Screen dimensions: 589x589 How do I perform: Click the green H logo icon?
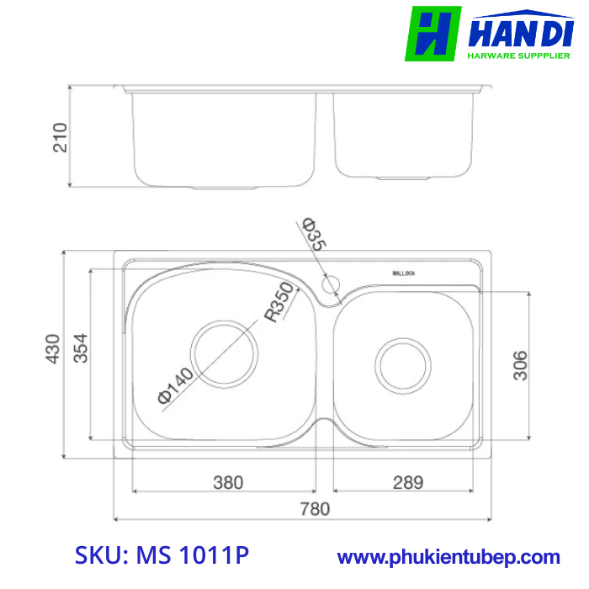click(432, 34)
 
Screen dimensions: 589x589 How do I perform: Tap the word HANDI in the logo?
click(522, 33)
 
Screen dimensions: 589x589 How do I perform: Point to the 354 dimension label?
click(81, 349)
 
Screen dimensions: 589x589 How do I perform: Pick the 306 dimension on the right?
click(521, 365)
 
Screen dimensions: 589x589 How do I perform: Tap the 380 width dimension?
click(227, 482)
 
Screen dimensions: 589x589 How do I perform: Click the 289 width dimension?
click(407, 482)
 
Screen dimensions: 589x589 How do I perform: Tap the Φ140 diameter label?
click(175, 386)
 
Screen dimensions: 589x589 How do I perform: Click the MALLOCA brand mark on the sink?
click(410, 273)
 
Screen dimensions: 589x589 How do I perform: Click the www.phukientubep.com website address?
click(448, 557)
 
